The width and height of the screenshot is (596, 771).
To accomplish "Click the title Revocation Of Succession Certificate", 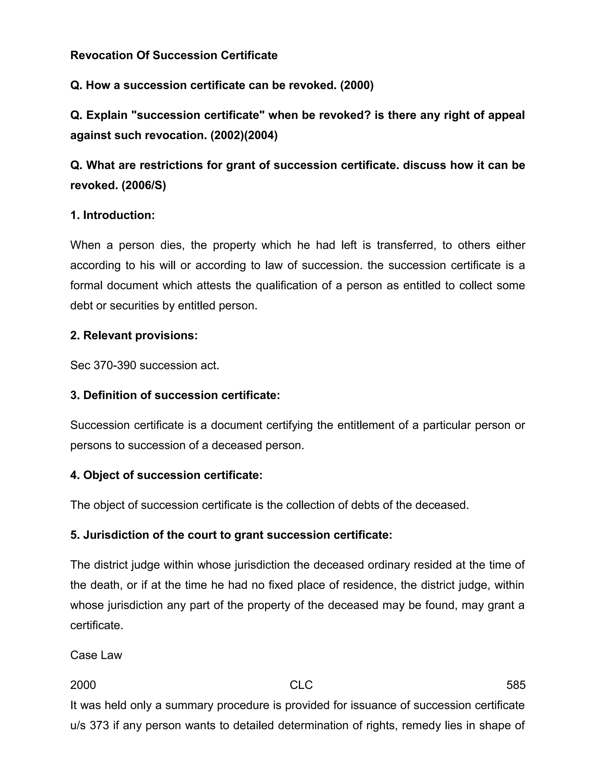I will click(x=174, y=55).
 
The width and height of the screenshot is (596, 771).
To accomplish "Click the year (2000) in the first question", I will click(x=356, y=86).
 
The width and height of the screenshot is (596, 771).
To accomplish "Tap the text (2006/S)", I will click(x=144, y=186).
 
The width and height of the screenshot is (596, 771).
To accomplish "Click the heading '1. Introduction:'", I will click(x=112, y=215).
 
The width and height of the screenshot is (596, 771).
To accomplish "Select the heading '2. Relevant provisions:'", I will click(x=134, y=336).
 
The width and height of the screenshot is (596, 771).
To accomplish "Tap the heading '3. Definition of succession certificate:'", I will click(x=175, y=395).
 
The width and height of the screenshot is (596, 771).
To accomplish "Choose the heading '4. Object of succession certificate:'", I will click(x=166, y=475).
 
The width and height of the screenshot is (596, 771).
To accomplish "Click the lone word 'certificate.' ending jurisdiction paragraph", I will click(x=96, y=626).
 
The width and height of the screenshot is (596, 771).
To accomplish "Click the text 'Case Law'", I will click(x=96, y=655).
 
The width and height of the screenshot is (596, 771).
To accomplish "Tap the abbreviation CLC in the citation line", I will click(x=301, y=685).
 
